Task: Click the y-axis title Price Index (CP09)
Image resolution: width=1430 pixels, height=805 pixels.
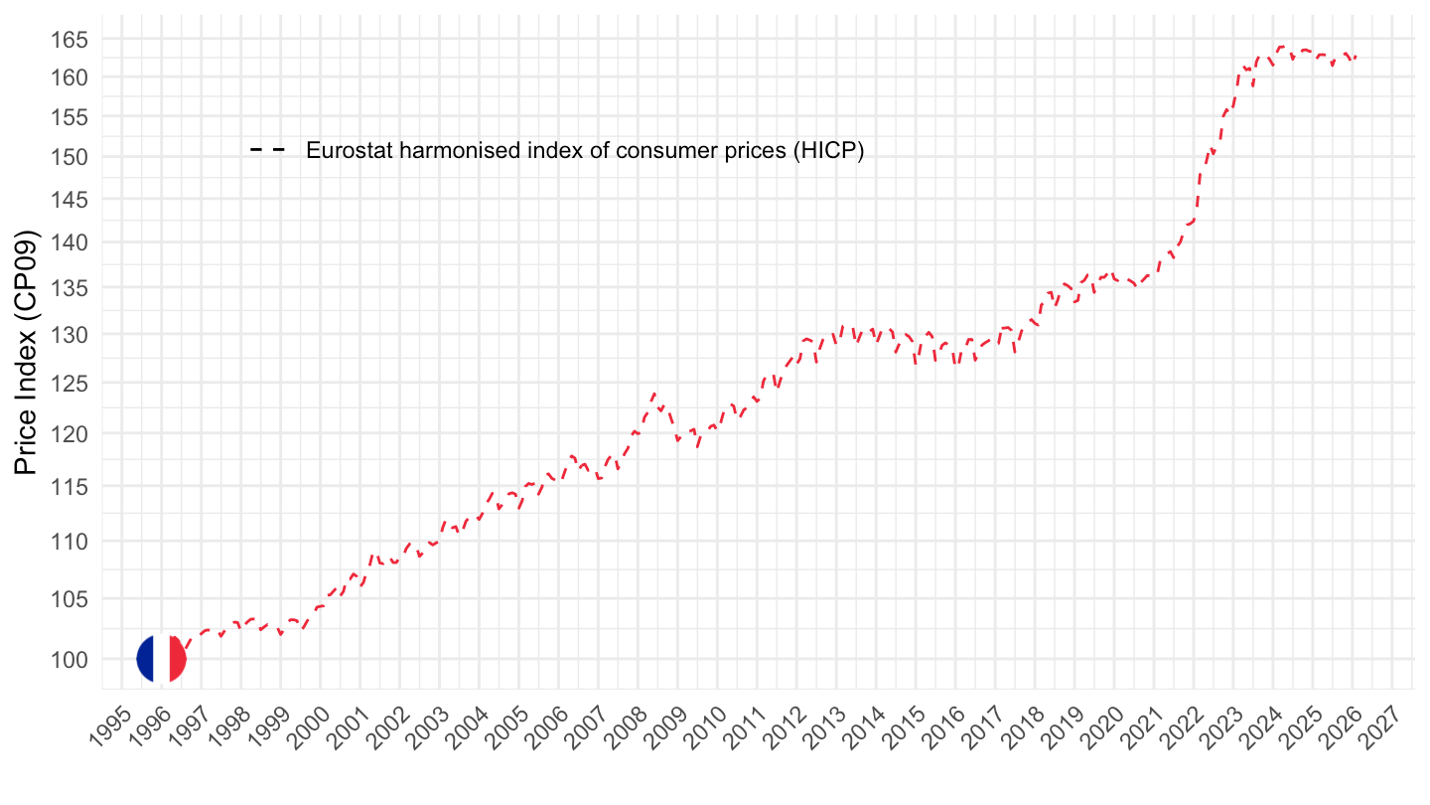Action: (x=27, y=352)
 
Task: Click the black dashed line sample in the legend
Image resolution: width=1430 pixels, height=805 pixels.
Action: (x=267, y=150)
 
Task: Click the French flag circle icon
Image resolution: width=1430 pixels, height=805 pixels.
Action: (x=161, y=658)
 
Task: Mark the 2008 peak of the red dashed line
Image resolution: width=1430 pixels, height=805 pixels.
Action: (x=653, y=394)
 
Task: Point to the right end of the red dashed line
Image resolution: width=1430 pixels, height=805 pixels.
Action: (x=1357, y=57)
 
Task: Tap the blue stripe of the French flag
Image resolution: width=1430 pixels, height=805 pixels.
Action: (x=145, y=658)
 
